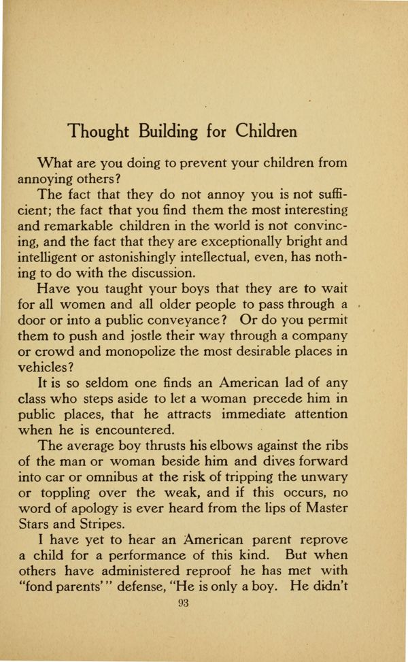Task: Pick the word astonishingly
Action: (x=180, y=258)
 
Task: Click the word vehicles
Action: (x=46, y=367)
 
